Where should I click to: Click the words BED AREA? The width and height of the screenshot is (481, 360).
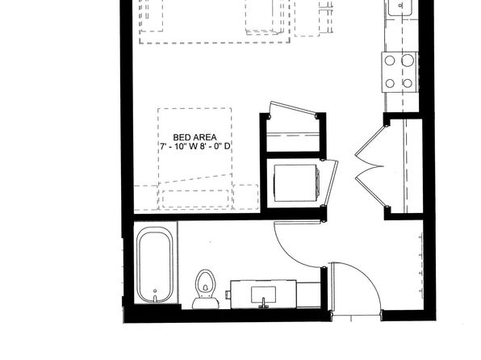coord(194,137)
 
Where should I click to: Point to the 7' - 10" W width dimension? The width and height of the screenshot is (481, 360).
coord(178,146)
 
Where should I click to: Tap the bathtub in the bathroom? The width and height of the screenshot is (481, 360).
coord(155,266)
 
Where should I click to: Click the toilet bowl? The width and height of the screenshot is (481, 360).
coord(206,283)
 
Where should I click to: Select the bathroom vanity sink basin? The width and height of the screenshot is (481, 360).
coord(263,295)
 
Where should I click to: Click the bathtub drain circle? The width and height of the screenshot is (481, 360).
coord(155,291)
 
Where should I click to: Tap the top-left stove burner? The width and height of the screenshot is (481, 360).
coord(390,61)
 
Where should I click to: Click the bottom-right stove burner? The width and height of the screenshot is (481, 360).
coord(408,83)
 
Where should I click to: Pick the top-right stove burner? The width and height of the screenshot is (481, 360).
coord(408,61)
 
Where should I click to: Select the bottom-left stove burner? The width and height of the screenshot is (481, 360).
coord(390,83)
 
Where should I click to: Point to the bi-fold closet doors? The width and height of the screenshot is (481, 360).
coord(370,166)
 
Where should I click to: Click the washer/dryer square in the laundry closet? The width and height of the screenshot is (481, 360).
coord(295,183)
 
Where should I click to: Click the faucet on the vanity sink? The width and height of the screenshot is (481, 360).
coord(263,303)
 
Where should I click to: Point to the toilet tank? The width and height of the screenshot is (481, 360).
coord(206,303)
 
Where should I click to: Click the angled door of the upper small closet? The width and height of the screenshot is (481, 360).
coord(293,109)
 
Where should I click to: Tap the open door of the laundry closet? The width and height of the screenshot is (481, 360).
coord(332,182)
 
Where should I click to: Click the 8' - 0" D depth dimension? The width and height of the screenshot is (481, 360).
coord(215,146)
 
